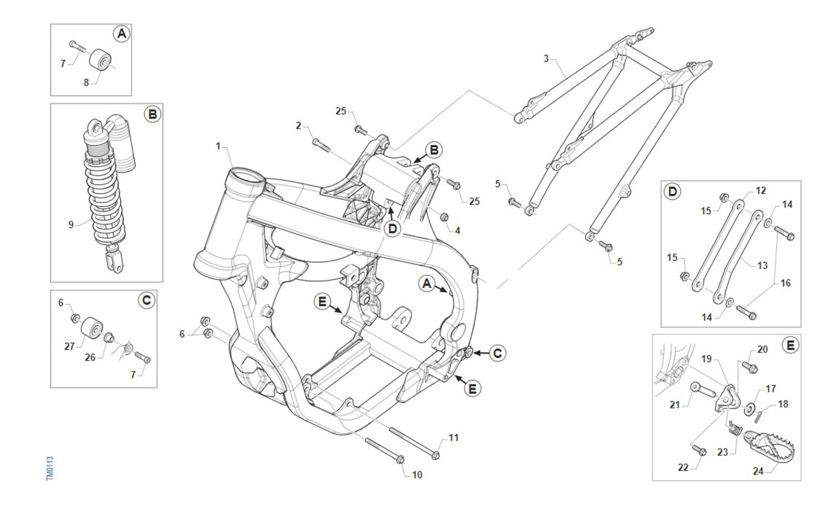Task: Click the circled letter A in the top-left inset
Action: click(121, 34)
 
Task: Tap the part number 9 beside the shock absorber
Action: click(71, 223)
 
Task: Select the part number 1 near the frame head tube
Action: click(218, 146)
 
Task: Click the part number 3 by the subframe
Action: click(547, 58)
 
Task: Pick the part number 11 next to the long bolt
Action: click(453, 437)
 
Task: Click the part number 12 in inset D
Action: click(760, 190)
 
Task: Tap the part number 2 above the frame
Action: click(298, 125)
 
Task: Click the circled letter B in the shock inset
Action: click(152, 115)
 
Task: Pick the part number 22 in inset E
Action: click(682, 467)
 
